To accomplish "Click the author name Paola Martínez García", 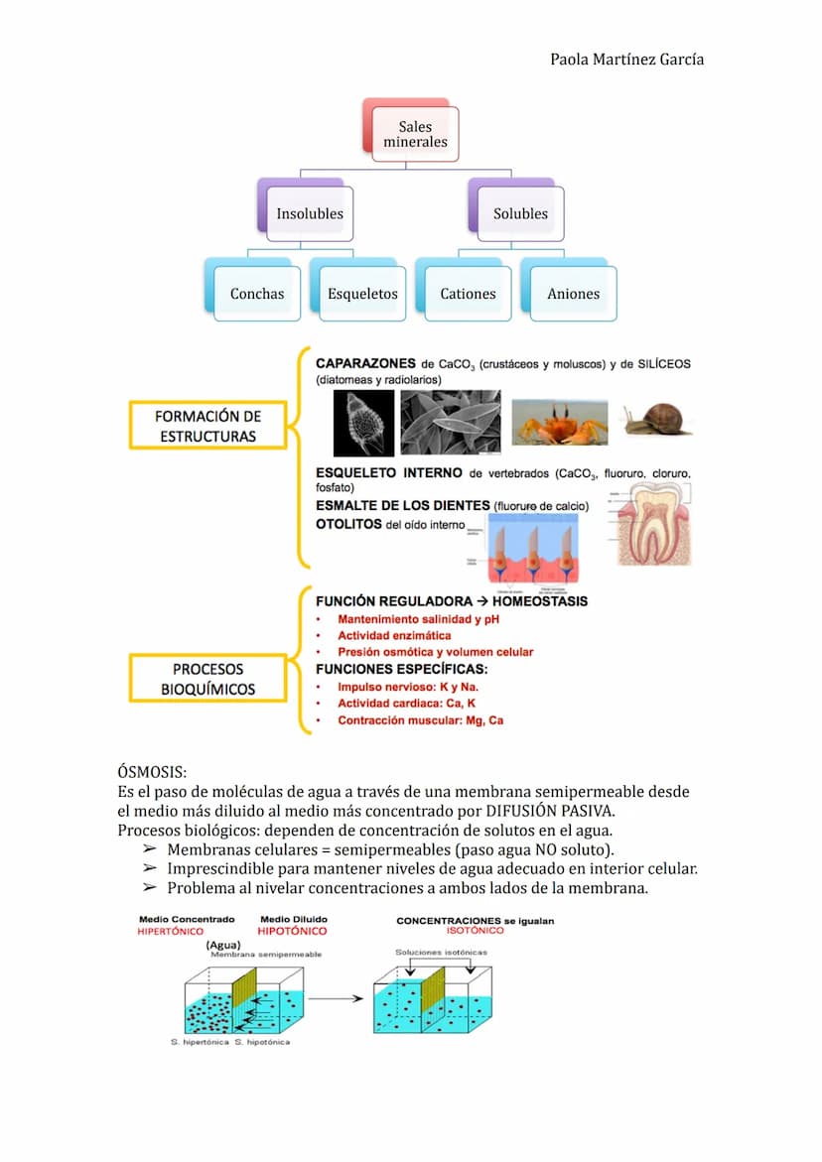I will [x=626, y=60].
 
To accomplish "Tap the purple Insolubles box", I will [x=310, y=213].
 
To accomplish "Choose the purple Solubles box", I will [x=520, y=213].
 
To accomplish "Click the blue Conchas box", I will [x=257, y=294].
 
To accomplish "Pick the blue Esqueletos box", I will [x=362, y=294].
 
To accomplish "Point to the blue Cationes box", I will [x=468, y=294].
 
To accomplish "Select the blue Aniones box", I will [x=573, y=294].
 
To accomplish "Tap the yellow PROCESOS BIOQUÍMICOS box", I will [x=207, y=679].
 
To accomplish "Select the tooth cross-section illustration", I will [x=653, y=525].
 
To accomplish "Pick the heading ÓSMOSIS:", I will [x=152, y=772].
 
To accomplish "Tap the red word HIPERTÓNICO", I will [x=170, y=932].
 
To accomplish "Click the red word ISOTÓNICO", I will [x=476, y=932].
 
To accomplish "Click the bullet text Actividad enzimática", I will [x=394, y=635].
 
